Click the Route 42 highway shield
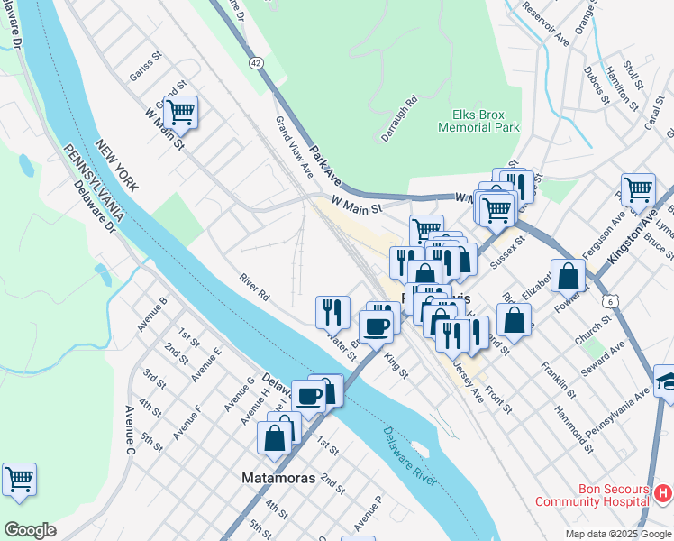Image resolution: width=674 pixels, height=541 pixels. pos(257,62)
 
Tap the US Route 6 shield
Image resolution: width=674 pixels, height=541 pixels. pos(614,299)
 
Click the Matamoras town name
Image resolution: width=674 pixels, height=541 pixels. pos(278,478)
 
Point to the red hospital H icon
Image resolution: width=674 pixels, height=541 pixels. pos(662,493)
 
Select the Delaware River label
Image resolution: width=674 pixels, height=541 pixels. pos(407,457)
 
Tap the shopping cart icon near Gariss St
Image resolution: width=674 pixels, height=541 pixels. pos(180,113)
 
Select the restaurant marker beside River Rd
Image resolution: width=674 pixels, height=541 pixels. pos(332,312)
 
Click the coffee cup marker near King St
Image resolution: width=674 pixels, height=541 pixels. pos(376,326)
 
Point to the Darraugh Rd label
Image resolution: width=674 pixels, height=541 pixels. pos(397,118)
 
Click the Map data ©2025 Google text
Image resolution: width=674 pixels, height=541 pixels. pos(617,534)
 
